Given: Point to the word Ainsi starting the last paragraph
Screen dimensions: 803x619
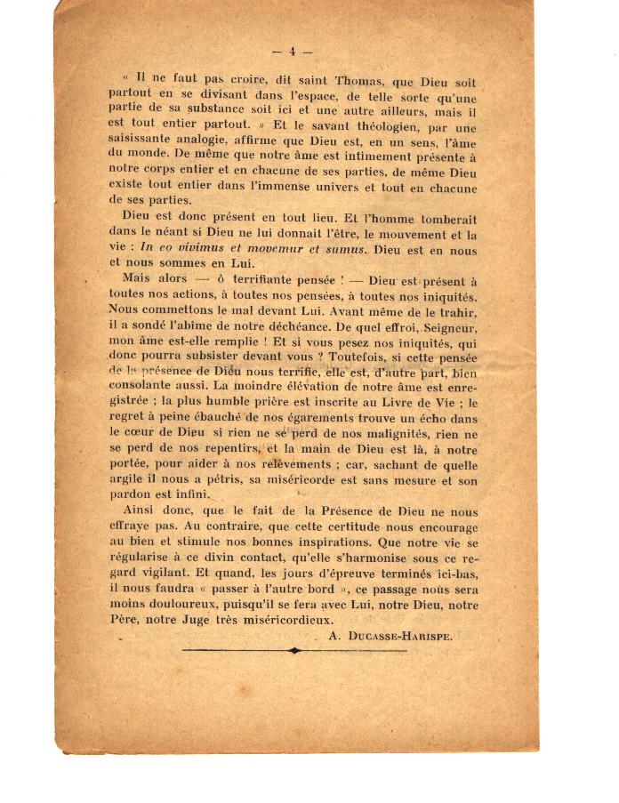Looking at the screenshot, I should coord(144,513).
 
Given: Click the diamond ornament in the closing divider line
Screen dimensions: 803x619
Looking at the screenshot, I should coord(294,651).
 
